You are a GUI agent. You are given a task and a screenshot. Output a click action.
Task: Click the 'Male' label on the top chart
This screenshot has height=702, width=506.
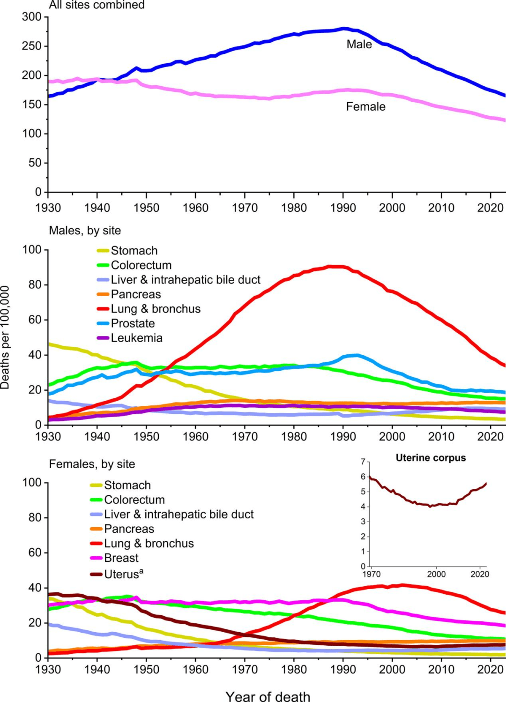pos(359,45)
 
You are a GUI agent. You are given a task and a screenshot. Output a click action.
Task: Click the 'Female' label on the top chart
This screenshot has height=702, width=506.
pos(365,107)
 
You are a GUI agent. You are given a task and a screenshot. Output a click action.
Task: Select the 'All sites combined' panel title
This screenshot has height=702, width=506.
pos(97,5)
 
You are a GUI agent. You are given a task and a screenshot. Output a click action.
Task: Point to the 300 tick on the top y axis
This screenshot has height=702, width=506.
pos(32,17)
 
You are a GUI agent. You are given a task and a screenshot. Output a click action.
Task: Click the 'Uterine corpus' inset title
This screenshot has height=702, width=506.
pos(431,458)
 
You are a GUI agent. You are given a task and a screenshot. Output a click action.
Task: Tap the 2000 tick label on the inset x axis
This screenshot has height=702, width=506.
pos(436,574)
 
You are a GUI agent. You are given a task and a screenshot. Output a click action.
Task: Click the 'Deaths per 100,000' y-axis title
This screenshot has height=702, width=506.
pos(5,337)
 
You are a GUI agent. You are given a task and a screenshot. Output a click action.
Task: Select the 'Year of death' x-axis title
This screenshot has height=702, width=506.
pos(268,696)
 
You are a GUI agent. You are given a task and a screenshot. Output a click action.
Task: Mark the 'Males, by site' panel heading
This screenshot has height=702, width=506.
pos(85,231)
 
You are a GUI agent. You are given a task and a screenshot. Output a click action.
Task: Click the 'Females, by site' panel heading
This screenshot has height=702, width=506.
pos(92,464)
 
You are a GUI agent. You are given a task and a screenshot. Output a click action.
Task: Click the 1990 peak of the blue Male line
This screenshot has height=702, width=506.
pos(344,29)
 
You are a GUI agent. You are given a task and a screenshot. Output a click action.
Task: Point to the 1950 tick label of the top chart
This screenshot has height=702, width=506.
pos(146,208)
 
